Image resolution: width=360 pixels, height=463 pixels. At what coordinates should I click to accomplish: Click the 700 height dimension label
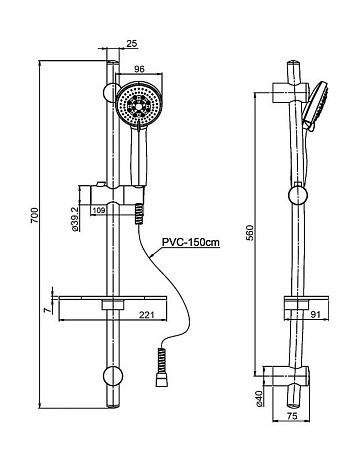(x=35, y=215)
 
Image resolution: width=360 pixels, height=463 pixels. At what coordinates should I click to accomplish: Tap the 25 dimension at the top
(x=132, y=43)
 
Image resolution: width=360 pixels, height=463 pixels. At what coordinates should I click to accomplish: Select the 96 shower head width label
(x=139, y=69)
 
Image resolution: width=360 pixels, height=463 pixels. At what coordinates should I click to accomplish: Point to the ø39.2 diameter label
(x=75, y=218)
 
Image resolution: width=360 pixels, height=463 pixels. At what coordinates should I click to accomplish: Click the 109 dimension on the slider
(x=98, y=210)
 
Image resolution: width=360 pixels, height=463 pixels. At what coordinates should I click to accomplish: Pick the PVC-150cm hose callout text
(x=191, y=242)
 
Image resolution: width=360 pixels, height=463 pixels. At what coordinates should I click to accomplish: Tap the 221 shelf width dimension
(x=147, y=315)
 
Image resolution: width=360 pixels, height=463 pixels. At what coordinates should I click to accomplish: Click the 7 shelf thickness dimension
(x=48, y=310)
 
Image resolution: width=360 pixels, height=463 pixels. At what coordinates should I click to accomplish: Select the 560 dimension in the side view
(x=250, y=233)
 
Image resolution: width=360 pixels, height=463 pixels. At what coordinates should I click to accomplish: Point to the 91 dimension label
(x=315, y=314)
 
